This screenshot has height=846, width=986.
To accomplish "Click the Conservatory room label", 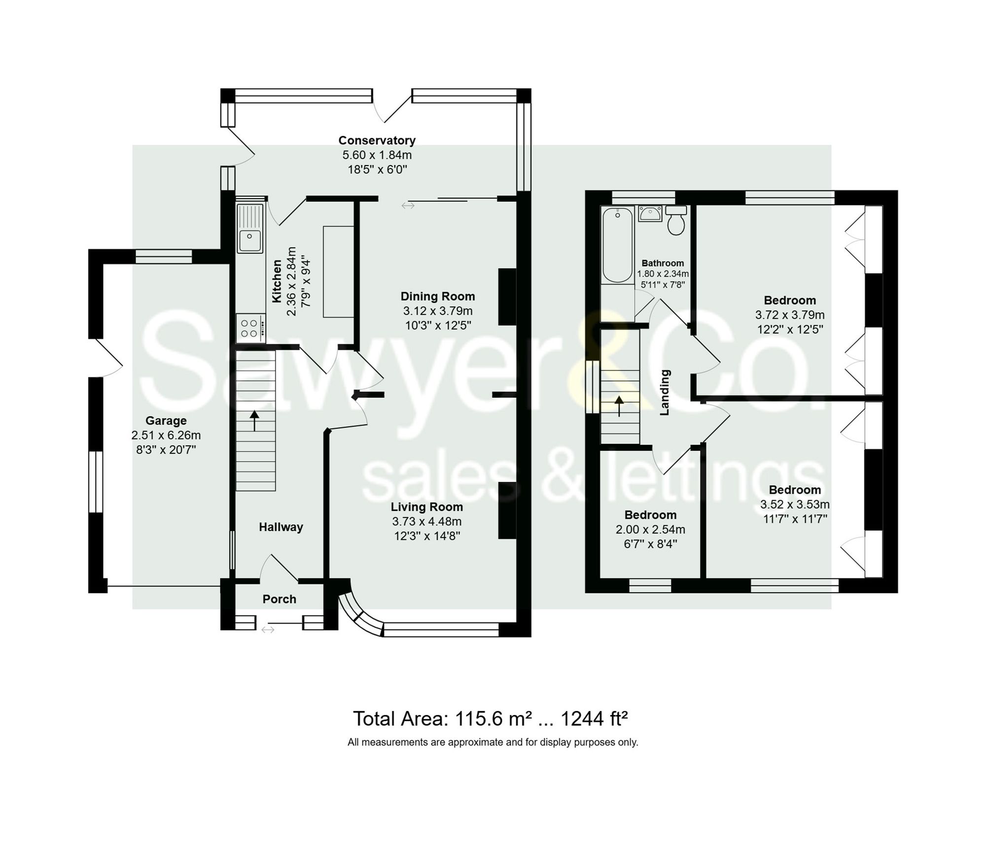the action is point(377,140).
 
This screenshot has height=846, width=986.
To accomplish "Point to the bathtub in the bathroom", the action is point(618,245).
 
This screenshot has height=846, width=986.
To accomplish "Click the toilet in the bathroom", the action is point(676,220).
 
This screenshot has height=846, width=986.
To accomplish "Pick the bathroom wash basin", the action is point(650,214).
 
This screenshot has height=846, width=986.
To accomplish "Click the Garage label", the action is point(166,421).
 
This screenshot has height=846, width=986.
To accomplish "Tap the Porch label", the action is point(279,599).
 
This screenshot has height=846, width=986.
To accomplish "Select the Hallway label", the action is point(281,527).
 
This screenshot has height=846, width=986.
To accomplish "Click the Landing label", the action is point(665,393).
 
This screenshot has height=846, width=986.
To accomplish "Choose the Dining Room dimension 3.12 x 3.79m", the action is point(438,311).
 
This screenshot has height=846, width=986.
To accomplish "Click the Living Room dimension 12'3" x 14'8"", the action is point(427,536).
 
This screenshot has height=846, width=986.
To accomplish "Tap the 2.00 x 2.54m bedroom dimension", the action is point(650,530).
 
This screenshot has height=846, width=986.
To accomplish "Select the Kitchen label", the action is point(277,282).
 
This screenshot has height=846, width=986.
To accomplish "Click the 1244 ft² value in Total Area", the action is point(594,719).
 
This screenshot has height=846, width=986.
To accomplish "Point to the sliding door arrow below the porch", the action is point(268,630).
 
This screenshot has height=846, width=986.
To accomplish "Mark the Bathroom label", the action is point(663,263).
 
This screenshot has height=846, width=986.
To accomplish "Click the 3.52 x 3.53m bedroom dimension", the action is point(795,505).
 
